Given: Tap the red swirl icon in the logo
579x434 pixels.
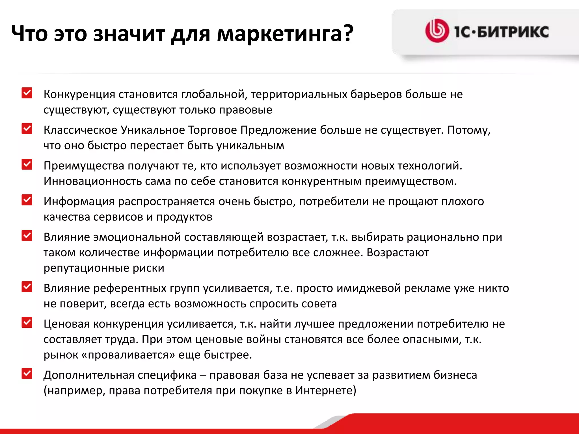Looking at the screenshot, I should (x=437, y=31).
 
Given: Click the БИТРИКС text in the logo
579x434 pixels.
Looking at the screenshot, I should (x=513, y=32).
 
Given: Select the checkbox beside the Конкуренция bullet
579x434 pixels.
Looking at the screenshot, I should (x=27, y=93).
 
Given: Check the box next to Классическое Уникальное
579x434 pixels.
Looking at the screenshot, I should (x=27, y=129).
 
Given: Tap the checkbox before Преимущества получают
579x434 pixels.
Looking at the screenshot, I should (x=27, y=164).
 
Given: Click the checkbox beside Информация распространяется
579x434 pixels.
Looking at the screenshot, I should (x=27, y=200).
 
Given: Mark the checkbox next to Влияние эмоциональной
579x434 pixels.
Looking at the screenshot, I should (x=27, y=236).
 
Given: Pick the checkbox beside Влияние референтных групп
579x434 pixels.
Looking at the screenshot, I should (x=27, y=287).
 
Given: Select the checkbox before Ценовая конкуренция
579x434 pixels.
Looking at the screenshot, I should (x=27, y=322).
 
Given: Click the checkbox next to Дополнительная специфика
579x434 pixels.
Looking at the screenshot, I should (x=27, y=374).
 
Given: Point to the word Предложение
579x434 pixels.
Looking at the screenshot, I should (x=278, y=130).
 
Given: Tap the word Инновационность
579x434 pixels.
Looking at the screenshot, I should (x=92, y=181).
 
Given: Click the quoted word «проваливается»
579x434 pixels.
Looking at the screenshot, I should (x=128, y=355).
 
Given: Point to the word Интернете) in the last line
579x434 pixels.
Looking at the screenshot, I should (x=326, y=390).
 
